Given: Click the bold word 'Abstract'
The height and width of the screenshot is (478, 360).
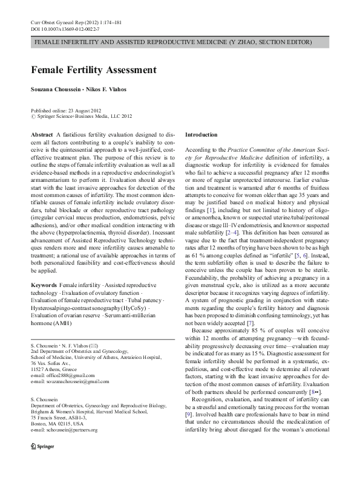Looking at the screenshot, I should pyautogui.click(x=41, y=134).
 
